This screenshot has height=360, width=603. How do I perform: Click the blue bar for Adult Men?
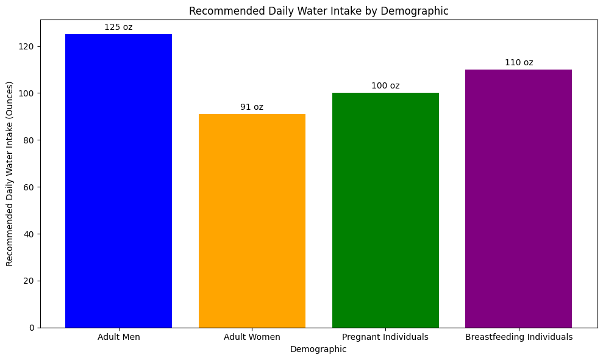click(118, 181)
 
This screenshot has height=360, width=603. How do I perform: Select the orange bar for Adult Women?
click(252, 221)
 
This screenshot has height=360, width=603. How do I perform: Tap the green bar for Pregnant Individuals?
click(385, 210)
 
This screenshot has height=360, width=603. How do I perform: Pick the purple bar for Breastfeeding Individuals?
click(518, 198)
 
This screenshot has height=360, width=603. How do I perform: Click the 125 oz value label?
click(118, 27)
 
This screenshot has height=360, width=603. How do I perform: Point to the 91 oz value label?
click(252, 107)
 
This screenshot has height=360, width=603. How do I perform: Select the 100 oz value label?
click(385, 85)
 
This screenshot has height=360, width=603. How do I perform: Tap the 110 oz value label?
click(518, 62)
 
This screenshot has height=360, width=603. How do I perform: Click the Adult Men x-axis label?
click(118, 337)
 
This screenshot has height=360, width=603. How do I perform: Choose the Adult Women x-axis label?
click(252, 337)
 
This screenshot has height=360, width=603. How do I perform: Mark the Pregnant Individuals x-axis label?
click(385, 337)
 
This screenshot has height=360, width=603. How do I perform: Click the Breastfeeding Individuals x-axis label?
click(518, 337)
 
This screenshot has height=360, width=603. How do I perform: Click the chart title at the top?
click(319, 10)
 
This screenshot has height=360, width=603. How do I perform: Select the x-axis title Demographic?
click(318, 349)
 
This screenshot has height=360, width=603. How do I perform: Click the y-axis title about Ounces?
click(9, 173)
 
